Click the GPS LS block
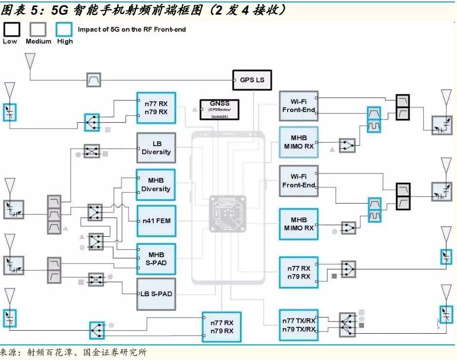[252, 80]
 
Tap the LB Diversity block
[156, 148]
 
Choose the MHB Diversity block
[156, 185]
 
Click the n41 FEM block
[156, 221]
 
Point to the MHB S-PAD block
[156, 258]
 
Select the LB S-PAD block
[156, 294]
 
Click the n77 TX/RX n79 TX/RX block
[299, 325]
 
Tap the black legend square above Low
[12, 29]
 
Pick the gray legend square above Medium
[38, 29]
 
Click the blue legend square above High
[64, 29]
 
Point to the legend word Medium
[38, 41]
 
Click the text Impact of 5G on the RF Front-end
[132, 29]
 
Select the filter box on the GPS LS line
[93, 80]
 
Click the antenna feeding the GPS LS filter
[30, 60]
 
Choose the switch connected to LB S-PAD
[95, 280]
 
